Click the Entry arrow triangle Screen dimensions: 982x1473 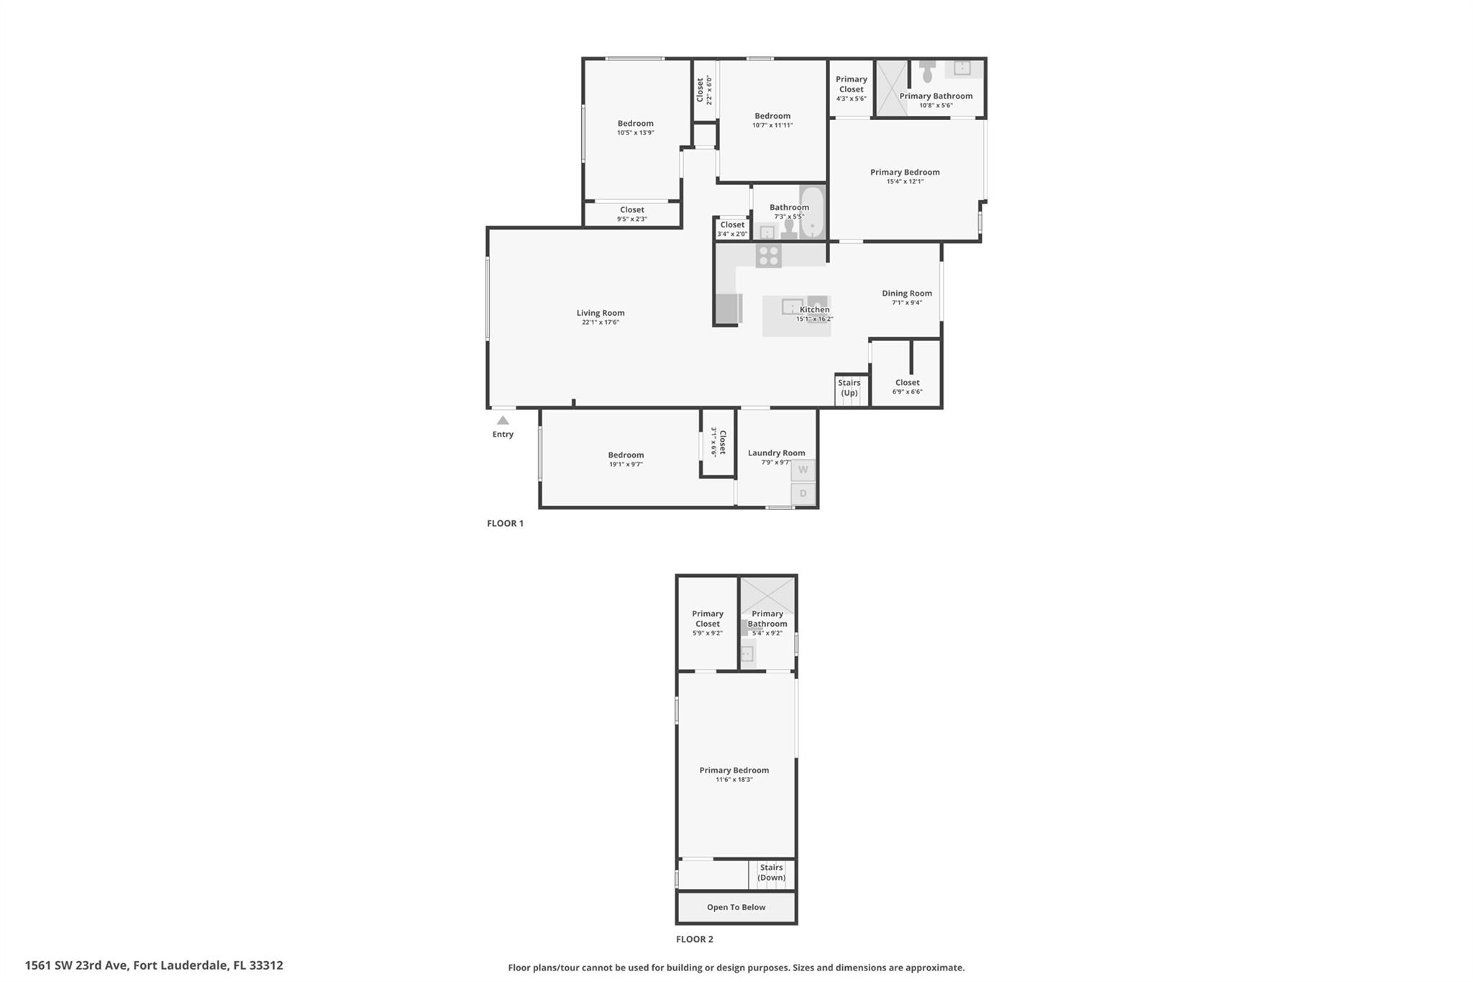503,421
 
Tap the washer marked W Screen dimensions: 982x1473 803,470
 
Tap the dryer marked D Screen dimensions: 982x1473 803,494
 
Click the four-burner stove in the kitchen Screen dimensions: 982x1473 768,255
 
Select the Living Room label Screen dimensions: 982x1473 600,313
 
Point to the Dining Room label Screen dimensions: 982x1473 906,294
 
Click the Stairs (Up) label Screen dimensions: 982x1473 849,388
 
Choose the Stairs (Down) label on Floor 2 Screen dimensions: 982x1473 771,873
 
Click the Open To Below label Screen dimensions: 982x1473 736,907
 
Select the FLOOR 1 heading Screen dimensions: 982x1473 505,524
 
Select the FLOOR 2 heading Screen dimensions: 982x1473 694,939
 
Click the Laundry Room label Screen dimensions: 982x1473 776,453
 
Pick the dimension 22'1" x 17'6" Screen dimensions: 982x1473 600,322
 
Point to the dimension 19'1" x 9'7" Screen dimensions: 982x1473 626,465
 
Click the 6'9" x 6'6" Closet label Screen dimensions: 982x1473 907,383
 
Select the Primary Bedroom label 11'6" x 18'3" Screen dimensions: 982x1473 734,770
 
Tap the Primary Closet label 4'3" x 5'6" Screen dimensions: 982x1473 851,84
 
